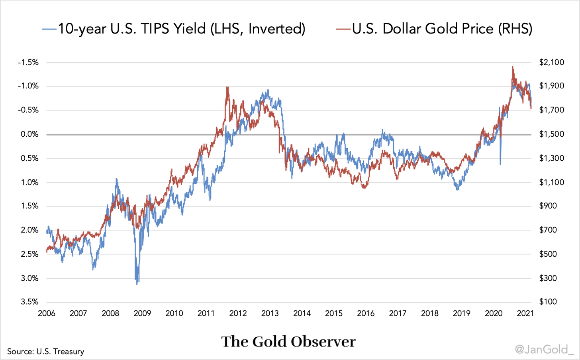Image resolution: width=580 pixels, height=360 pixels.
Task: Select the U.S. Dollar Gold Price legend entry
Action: [x=434, y=29]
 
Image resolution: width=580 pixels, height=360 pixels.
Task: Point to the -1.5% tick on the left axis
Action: [x=28, y=63]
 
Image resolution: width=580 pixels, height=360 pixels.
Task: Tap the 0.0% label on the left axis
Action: [x=30, y=134]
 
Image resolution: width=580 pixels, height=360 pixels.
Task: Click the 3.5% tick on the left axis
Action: [x=30, y=302]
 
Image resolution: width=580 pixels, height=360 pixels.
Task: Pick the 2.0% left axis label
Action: [x=30, y=230]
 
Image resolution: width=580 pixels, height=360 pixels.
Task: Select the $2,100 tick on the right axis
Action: [x=552, y=63]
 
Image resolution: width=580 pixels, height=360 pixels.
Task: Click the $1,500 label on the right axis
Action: [x=552, y=134]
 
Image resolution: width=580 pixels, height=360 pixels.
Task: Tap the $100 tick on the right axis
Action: [x=548, y=302]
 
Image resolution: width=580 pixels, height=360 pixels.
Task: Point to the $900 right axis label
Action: [x=548, y=206]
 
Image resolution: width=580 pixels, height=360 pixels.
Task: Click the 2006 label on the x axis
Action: [x=47, y=313]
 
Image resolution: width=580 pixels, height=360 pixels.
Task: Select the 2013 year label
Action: [x=270, y=313]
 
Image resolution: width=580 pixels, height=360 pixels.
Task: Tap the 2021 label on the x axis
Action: [x=525, y=313]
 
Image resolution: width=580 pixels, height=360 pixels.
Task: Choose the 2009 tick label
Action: [x=142, y=313]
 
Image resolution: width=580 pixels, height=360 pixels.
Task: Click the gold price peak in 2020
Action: [x=513, y=67]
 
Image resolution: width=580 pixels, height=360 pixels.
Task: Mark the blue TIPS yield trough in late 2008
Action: [x=137, y=284]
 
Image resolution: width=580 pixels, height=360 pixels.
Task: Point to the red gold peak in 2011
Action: [x=227, y=87]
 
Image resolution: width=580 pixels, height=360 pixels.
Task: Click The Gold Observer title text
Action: [x=288, y=342]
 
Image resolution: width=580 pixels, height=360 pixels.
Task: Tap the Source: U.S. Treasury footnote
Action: [x=46, y=352]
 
